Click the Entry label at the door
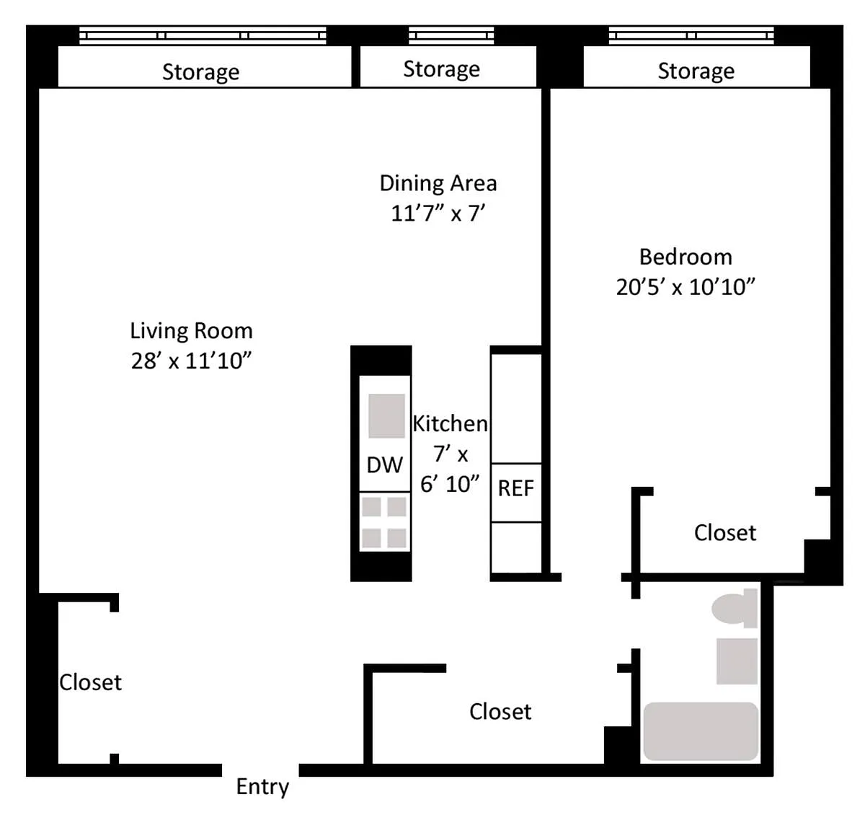tap(262, 787)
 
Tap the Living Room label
tap(191, 331)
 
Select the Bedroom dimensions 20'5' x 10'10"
tap(685, 287)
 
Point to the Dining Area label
tap(438, 183)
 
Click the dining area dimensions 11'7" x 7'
tap(438, 213)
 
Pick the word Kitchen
tap(450, 423)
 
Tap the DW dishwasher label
tap(385, 465)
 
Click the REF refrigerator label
tap(515, 488)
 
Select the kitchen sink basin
tap(386, 415)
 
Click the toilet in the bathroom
tap(735, 609)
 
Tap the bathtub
tap(701, 731)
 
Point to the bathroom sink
tap(737, 661)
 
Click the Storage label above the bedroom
tap(696, 71)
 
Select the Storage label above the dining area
tap(442, 70)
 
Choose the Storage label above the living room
tap(201, 72)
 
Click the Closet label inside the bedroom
tap(725, 533)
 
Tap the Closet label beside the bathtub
tap(500, 712)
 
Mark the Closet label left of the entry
tap(91, 682)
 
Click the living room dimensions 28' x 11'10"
tap(191, 361)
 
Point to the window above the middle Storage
tap(451, 35)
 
